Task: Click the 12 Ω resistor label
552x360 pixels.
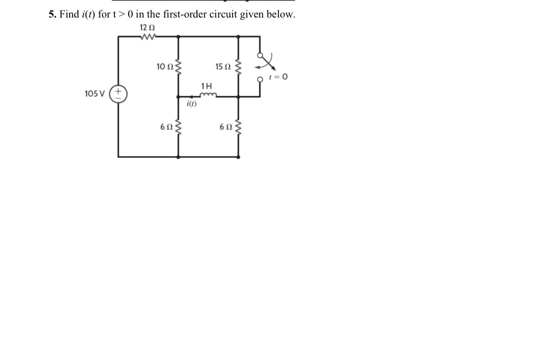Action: (x=147, y=28)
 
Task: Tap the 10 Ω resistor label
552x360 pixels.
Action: (x=165, y=67)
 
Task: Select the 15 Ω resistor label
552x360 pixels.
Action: (x=223, y=67)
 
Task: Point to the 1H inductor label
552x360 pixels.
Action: (x=206, y=86)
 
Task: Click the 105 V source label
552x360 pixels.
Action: (x=95, y=94)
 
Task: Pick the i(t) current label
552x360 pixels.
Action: (x=191, y=104)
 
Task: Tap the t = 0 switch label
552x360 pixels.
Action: (x=278, y=77)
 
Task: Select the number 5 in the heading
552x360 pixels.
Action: (x=51, y=14)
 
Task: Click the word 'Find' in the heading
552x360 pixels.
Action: (x=69, y=14)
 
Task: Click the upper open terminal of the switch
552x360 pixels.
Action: (x=259, y=55)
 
